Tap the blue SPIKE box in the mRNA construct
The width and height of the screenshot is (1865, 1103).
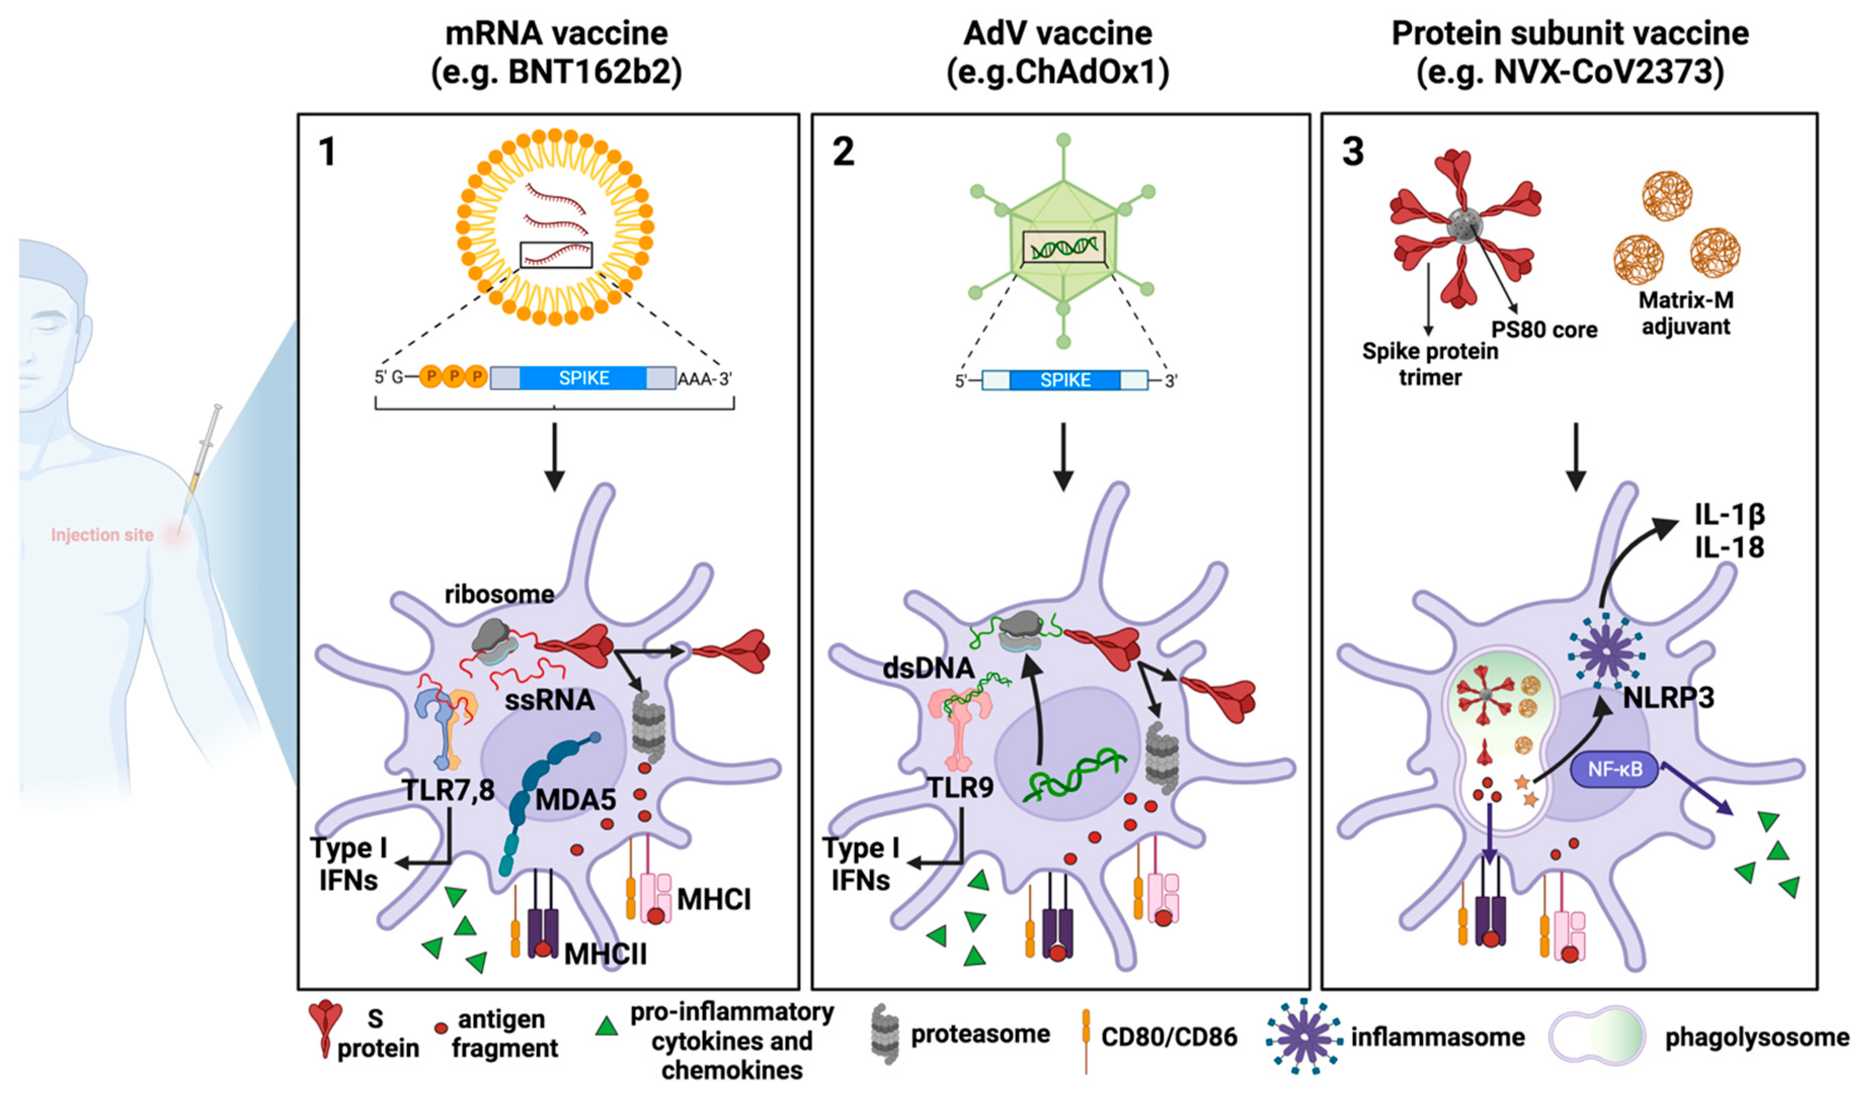click(x=583, y=378)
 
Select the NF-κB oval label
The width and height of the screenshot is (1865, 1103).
click(x=1614, y=769)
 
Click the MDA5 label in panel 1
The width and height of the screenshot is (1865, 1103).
click(x=575, y=800)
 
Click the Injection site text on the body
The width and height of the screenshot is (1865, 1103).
click(x=102, y=535)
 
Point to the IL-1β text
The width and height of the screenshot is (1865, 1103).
click(x=1728, y=515)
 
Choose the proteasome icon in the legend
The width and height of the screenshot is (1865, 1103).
click(x=884, y=1035)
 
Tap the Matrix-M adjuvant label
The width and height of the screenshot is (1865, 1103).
click(x=1685, y=313)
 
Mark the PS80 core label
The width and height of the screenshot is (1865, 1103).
click(x=1544, y=330)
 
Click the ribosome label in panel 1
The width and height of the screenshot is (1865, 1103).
click(x=499, y=594)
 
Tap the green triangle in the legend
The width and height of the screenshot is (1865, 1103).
click(x=607, y=1027)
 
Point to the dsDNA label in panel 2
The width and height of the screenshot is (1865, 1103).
click(x=928, y=668)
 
